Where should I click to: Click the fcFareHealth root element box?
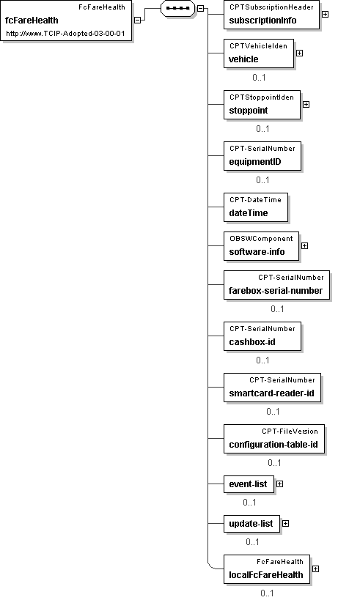pyautogui.click(x=66, y=21)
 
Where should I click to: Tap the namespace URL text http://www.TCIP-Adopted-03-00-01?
pyautogui.click(x=65, y=34)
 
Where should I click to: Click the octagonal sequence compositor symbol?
pyautogui.click(x=178, y=8)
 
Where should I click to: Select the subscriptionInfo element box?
pyautogui.click(x=271, y=15)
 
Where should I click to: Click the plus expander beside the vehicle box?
pyautogui.click(x=299, y=53)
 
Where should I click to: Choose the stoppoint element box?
pyautogui.click(x=262, y=105)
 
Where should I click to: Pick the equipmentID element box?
pyautogui.click(x=262, y=156)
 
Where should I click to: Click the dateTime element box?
pyautogui.click(x=256, y=207)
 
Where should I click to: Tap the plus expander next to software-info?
pyautogui.click(x=304, y=245)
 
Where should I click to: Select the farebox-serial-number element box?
pyautogui.click(x=276, y=285)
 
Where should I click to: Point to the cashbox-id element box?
pyautogui.click(x=262, y=336)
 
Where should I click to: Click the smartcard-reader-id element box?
pyautogui.click(x=272, y=388)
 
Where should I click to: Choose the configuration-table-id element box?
pyautogui.click(x=274, y=439)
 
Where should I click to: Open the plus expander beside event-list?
pyautogui.click(x=279, y=484)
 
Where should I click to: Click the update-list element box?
pyautogui.click(x=252, y=524)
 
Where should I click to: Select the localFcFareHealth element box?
pyautogui.click(x=267, y=569)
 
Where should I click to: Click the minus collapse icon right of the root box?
pyautogui.click(x=138, y=21)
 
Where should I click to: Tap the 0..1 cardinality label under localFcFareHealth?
pyautogui.click(x=267, y=593)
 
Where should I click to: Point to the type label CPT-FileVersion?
pyautogui.click(x=290, y=432)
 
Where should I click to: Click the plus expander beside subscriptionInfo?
pyautogui.click(x=325, y=14)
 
